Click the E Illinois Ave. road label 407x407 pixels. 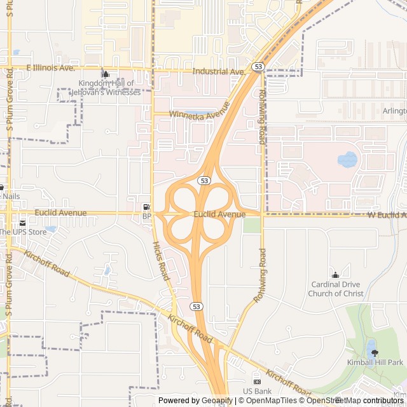coord(51,67)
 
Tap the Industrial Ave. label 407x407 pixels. coord(219,72)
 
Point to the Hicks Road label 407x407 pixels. coord(160,261)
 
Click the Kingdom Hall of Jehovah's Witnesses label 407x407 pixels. coord(109,88)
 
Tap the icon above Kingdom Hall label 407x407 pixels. coord(106,74)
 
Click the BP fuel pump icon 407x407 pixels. coord(147,207)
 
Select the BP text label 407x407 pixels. coord(147,216)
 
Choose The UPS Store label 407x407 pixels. coord(23,232)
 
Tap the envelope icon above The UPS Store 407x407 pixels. coord(23,223)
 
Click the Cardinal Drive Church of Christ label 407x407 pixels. coord(336,289)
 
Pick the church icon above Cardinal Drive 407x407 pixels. coord(336,274)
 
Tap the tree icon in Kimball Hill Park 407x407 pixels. coord(373,352)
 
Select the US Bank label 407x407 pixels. coord(258,390)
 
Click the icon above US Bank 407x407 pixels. coord(257,380)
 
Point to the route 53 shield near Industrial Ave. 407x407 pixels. coord(258,66)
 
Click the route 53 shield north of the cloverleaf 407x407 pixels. coord(203,181)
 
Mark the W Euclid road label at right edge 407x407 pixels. coord(387,216)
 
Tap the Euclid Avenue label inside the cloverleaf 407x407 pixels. coord(219,215)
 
